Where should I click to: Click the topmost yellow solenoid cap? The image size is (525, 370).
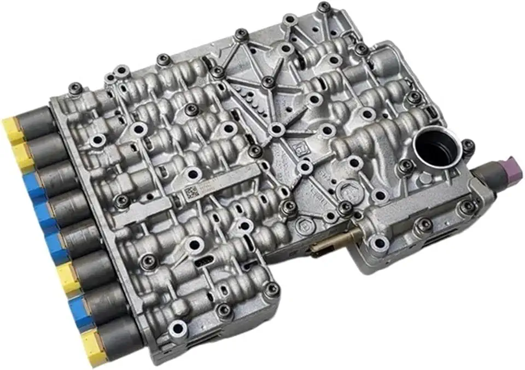click(x=12, y=127)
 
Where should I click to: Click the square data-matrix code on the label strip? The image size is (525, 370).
click(x=190, y=192)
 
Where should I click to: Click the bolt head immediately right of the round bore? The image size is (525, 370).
click(x=468, y=145)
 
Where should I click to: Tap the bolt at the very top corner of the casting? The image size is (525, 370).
click(x=324, y=7)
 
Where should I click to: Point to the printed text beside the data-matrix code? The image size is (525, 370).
click(x=211, y=187)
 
